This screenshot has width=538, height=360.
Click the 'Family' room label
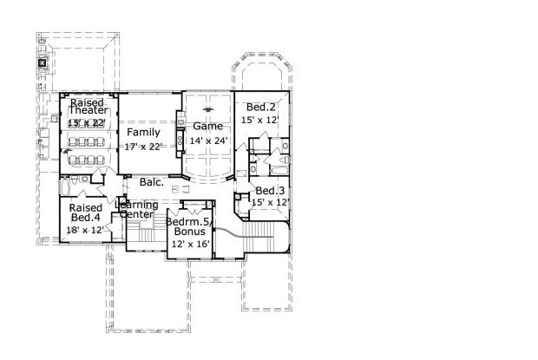(x=141, y=132)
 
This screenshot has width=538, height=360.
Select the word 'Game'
(x=207, y=126)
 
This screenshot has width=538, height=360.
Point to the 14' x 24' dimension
(x=207, y=140)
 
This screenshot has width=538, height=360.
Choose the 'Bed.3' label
(x=269, y=191)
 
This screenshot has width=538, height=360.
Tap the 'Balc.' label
(x=140, y=182)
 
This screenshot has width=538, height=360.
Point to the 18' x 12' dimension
(x=85, y=231)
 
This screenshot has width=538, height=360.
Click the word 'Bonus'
(x=189, y=232)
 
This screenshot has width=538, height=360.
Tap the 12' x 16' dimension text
(x=189, y=245)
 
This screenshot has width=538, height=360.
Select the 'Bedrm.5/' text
(x=189, y=221)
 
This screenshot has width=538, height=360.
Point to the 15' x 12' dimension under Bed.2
(x=260, y=120)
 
